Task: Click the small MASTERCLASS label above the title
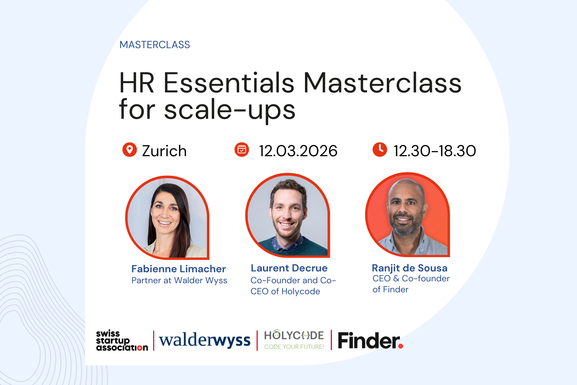155,45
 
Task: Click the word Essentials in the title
229,83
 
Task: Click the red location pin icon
129,150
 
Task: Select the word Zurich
164,151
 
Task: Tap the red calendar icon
242,150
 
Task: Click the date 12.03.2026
298,151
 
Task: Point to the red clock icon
380,150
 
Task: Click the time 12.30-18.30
435,151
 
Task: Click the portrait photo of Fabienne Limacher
167,218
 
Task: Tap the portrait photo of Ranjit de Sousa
407,215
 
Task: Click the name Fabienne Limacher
179,269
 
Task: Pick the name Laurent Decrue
289,268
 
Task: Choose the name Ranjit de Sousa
409,268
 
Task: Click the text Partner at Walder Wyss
179,280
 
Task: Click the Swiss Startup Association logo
122,340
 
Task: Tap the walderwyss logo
205,340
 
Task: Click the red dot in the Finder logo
401,346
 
